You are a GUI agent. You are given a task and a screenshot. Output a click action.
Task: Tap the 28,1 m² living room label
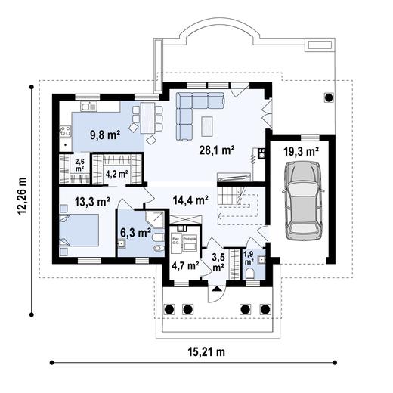216,150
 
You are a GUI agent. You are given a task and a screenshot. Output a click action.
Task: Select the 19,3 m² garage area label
300,152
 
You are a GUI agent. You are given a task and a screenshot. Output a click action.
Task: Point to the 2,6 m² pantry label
79,164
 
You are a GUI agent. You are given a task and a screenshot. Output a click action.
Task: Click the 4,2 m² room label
116,174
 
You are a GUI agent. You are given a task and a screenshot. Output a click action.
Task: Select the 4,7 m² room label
185,265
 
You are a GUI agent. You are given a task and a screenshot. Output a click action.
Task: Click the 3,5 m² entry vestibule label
218,261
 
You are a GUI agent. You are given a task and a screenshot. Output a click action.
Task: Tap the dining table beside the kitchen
148,117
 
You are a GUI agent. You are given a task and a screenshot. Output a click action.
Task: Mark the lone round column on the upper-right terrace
328,97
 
